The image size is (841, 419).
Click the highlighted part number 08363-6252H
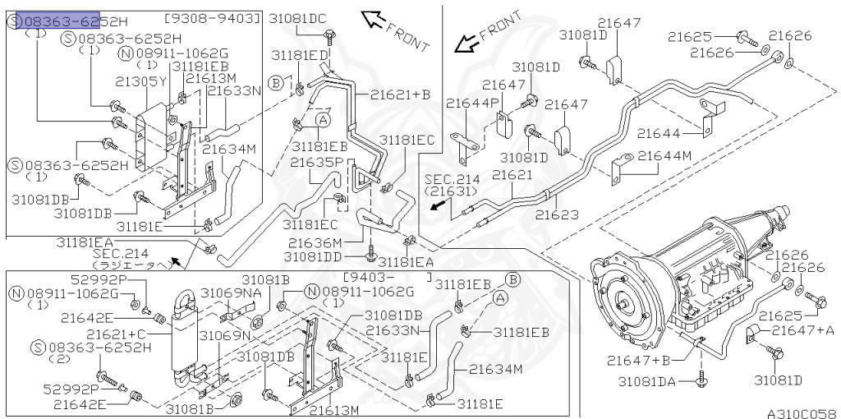tap(70, 21)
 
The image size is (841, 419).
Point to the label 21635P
tap(315, 162)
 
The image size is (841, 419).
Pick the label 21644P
tap(472, 103)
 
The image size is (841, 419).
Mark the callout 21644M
tap(664, 155)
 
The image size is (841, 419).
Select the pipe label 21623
tap(557, 215)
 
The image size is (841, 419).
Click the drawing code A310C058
tap(801, 413)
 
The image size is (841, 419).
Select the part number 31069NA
tap(230, 293)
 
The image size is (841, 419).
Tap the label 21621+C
tap(117, 334)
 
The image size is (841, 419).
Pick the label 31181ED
tap(301, 54)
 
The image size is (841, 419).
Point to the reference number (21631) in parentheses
tap(451, 191)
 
